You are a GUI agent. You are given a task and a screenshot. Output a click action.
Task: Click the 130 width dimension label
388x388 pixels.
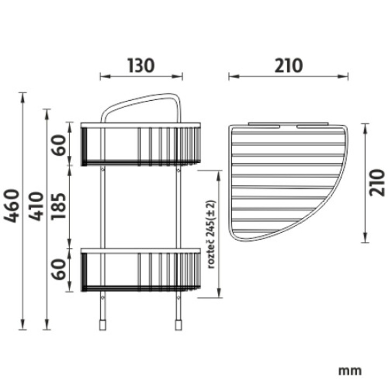pyautogui.click(x=141, y=66)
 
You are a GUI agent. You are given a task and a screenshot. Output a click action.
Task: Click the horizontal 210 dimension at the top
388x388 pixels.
pyautogui.click(x=288, y=66)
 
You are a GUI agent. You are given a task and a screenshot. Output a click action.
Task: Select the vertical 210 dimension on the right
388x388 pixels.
pyautogui.click(x=378, y=182)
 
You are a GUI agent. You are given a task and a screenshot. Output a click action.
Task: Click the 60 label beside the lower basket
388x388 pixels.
pyautogui.click(x=60, y=268)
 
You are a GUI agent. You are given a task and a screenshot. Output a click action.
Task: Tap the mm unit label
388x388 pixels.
pyautogui.click(x=350, y=371)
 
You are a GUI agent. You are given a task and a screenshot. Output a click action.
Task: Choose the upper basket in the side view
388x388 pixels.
pyautogui.click(x=141, y=144)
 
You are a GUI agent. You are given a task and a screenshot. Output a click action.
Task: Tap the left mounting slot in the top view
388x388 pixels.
pyautogui.click(x=264, y=127)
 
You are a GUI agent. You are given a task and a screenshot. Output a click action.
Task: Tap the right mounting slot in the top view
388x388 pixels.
pyautogui.click(x=313, y=127)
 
